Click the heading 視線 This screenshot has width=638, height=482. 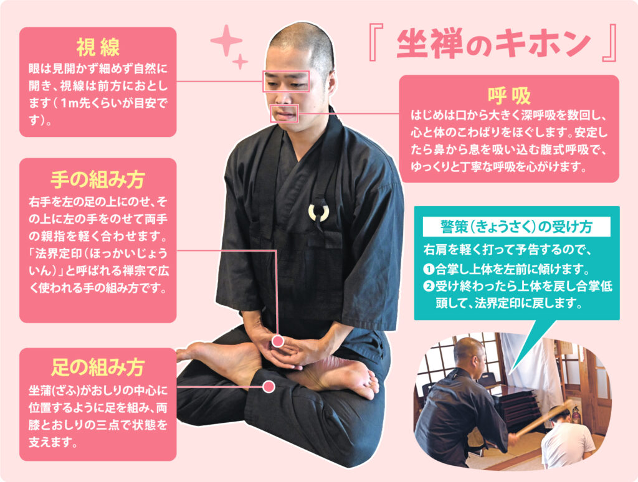point(98,47)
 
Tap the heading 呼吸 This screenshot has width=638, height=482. point(510,95)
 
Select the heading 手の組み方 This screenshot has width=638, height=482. point(98,179)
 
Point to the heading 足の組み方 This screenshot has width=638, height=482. point(98,367)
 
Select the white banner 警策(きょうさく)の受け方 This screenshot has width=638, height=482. point(517,227)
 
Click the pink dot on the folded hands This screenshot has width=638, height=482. point(277,341)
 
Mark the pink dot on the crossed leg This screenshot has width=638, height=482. point(269,387)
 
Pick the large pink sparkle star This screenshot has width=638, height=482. point(226,40)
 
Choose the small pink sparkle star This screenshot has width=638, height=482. point(240,62)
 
